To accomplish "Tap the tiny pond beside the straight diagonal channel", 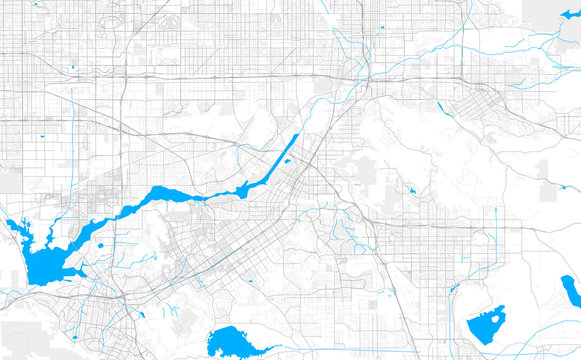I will [288, 160].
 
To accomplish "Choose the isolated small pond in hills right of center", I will [411, 189].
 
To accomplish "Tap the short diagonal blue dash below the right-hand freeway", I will [440, 106].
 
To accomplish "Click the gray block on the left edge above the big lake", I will [9, 180].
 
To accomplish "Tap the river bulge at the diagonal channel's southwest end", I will [242, 187].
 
